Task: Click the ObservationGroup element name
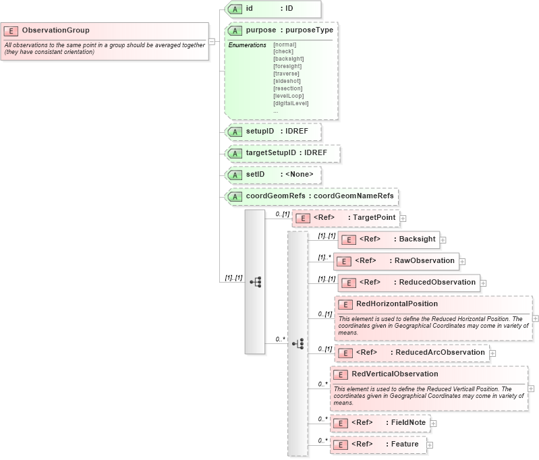click(x=55, y=30)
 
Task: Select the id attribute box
click(x=273, y=9)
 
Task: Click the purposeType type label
click(x=307, y=30)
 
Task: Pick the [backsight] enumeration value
click(x=288, y=59)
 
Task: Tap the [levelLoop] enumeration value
click(x=288, y=96)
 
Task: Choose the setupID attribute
click(x=273, y=132)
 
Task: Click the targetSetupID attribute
click(x=282, y=153)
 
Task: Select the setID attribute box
click(x=273, y=175)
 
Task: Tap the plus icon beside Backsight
click(x=443, y=239)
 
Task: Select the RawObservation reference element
click(x=395, y=261)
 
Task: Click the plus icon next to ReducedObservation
click(x=483, y=283)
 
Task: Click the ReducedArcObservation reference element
click(x=412, y=352)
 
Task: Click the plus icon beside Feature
click(x=430, y=445)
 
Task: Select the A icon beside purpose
click(x=235, y=30)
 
